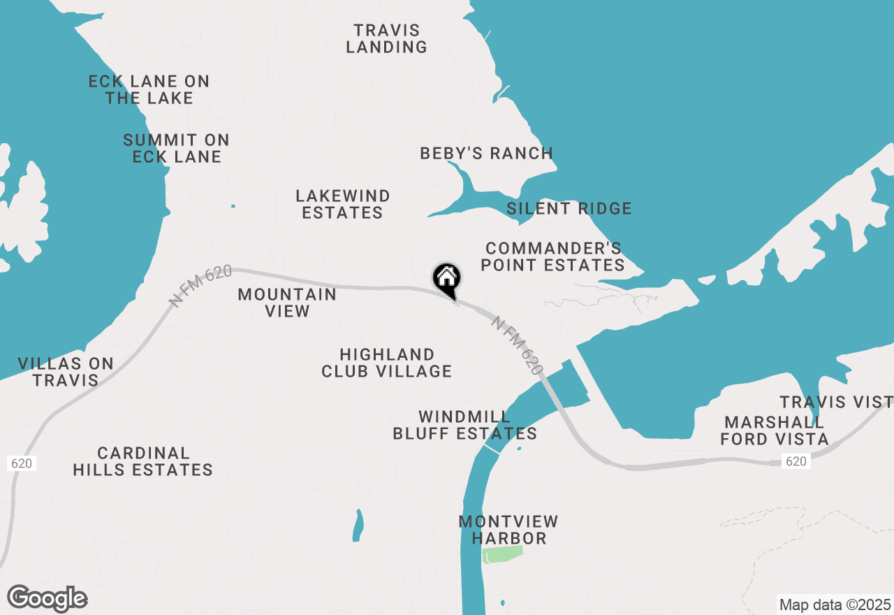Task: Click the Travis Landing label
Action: coord(386,39)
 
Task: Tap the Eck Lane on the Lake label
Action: coord(149,89)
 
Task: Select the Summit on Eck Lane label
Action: coord(177,148)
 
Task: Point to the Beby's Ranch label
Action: coord(486,153)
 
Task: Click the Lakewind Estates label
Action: coord(342,204)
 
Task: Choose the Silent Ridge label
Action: coord(569,208)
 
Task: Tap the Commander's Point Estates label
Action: coord(552,256)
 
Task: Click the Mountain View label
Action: coord(287,303)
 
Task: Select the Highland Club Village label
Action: coord(386,363)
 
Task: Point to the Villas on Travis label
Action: coord(66,372)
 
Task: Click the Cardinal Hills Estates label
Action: coord(142,462)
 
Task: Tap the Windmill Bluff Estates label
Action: coord(464,425)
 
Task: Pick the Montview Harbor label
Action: coord(508,530)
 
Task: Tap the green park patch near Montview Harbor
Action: coord(502,554)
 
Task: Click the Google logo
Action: coord(47,599)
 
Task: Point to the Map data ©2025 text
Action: coord(834,605)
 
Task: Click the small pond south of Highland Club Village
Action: coord(358,525)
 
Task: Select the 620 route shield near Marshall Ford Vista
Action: coord(796,461)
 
